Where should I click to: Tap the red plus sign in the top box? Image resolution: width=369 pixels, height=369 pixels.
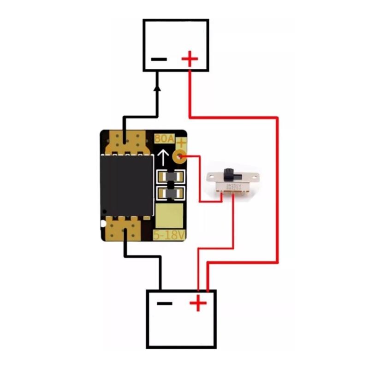(190, 59)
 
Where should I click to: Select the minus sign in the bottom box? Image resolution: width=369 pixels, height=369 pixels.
(164, 303)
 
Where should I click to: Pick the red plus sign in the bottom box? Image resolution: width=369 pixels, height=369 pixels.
(198, 303)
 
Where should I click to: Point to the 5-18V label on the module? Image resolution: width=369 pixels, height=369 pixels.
(169, 235)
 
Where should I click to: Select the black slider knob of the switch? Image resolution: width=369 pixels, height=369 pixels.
(228, 174)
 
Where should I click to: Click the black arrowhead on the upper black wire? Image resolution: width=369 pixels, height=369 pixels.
(157, 87)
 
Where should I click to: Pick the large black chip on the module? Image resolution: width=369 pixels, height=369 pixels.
(127, 185)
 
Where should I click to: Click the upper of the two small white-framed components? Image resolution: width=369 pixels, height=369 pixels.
(171, 176)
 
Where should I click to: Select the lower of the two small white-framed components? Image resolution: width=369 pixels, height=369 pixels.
(171, 193)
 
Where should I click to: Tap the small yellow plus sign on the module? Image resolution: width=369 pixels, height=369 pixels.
(181, 143)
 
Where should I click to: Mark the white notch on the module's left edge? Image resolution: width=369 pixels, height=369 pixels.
(102, 224)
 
